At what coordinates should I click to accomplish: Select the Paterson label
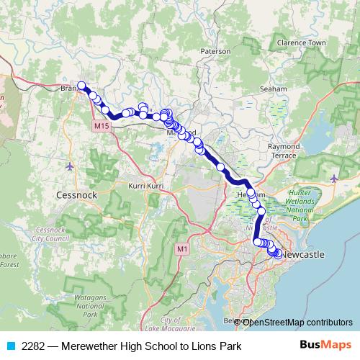[x=215, y=52]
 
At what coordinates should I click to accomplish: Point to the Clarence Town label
[x=306, y=42]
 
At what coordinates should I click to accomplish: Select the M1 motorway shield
[x=182, y=248]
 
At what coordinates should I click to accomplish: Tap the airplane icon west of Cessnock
[x=69, y=167]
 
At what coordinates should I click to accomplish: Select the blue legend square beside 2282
[x=10, y=346]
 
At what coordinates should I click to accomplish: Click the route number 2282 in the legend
[x=33, y=346]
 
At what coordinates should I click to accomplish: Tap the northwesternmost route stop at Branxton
[x=82, y=85]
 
